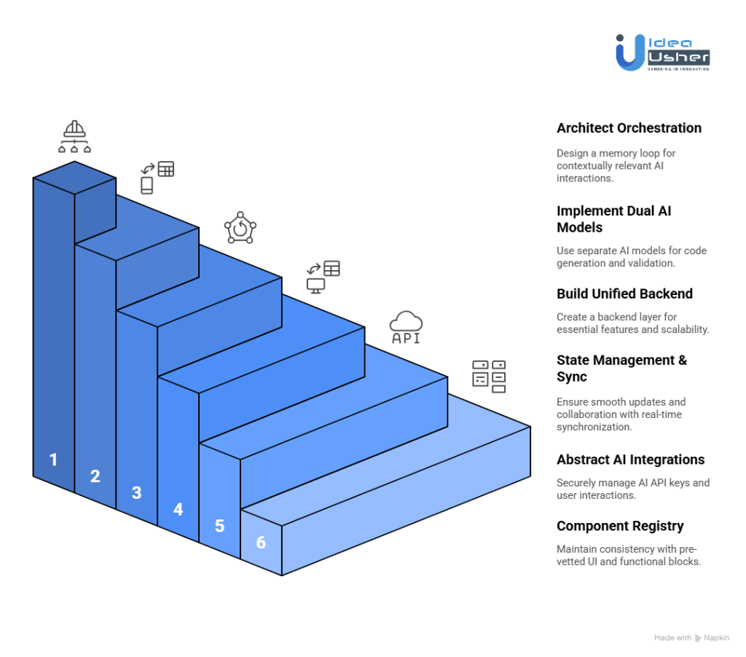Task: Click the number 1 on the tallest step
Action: point(53,460)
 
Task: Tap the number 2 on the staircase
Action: point(95,476)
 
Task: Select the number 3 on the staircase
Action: point(136,492)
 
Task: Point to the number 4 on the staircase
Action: point(178,509)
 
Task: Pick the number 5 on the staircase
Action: point(219,525)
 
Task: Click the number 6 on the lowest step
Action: point(261,542)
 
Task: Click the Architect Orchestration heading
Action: point(629,128)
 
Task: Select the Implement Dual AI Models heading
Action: point(613,219)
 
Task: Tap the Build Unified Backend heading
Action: point(624,294)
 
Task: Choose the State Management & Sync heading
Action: point(621,368)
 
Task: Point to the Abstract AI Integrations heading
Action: point(630,460)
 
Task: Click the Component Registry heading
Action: point(620,526)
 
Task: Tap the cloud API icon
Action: point(406,327)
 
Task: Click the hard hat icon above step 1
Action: point(75,138)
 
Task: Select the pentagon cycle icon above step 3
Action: point(240,228)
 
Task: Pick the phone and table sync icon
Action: point(157,177)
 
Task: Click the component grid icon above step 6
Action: point(489,376)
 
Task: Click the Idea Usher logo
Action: point(661,52)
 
